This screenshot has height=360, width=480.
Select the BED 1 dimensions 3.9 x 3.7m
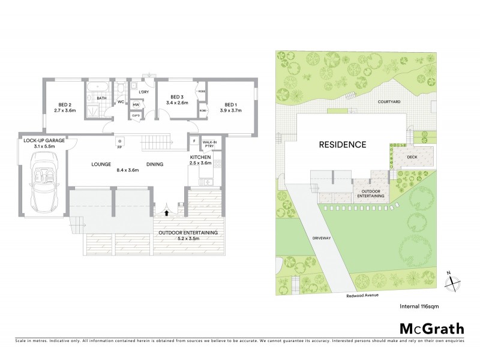point(230,110)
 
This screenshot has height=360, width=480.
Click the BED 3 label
point(176,97)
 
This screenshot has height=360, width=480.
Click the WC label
point(121,102)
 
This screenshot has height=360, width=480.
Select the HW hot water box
point(136,104)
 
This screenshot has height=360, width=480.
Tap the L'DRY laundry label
point(143,92)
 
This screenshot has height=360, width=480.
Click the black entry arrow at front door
point(166,211)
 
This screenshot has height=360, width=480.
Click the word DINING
point(155,163)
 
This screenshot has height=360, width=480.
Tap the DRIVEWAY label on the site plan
point(321,238)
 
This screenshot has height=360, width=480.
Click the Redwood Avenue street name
point(362,295)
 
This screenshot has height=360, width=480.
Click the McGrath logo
point(431,328)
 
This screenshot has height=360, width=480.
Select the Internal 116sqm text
point(421,307)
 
